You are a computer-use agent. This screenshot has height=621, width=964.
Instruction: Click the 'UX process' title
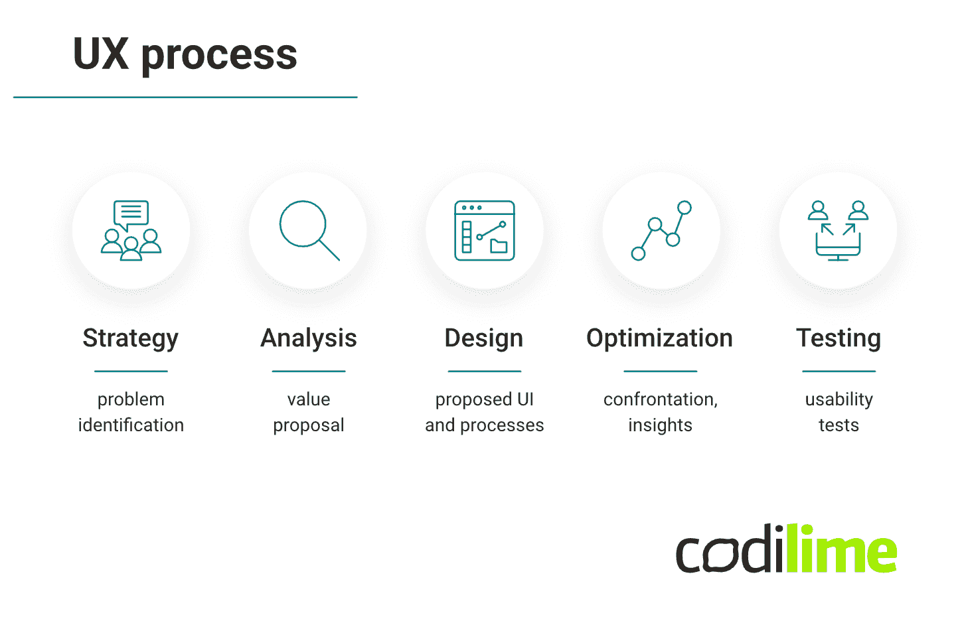185,54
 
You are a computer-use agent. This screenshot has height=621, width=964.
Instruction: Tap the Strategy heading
131,338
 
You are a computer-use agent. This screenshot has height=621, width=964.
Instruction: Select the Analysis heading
309,338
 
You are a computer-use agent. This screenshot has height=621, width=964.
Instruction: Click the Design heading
484,338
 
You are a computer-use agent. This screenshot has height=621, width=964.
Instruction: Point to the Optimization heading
659,338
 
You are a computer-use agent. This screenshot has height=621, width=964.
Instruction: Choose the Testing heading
839,338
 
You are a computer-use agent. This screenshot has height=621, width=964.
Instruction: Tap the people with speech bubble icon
131,230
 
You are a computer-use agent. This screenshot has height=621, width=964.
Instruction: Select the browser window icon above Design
485,230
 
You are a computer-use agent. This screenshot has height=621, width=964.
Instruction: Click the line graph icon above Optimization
661,230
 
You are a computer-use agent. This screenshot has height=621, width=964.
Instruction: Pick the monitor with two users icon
838,230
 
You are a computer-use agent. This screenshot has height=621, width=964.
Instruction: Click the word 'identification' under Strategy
131,425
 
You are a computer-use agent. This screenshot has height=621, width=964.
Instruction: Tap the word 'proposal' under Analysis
309,425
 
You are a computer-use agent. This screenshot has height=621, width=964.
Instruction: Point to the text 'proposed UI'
485,399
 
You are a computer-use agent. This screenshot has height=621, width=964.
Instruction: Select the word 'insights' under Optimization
660,425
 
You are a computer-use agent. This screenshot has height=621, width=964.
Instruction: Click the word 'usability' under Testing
839,399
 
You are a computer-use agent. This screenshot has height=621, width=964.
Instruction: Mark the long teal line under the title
185,98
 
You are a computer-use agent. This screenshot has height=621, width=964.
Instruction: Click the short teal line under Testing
839,371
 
